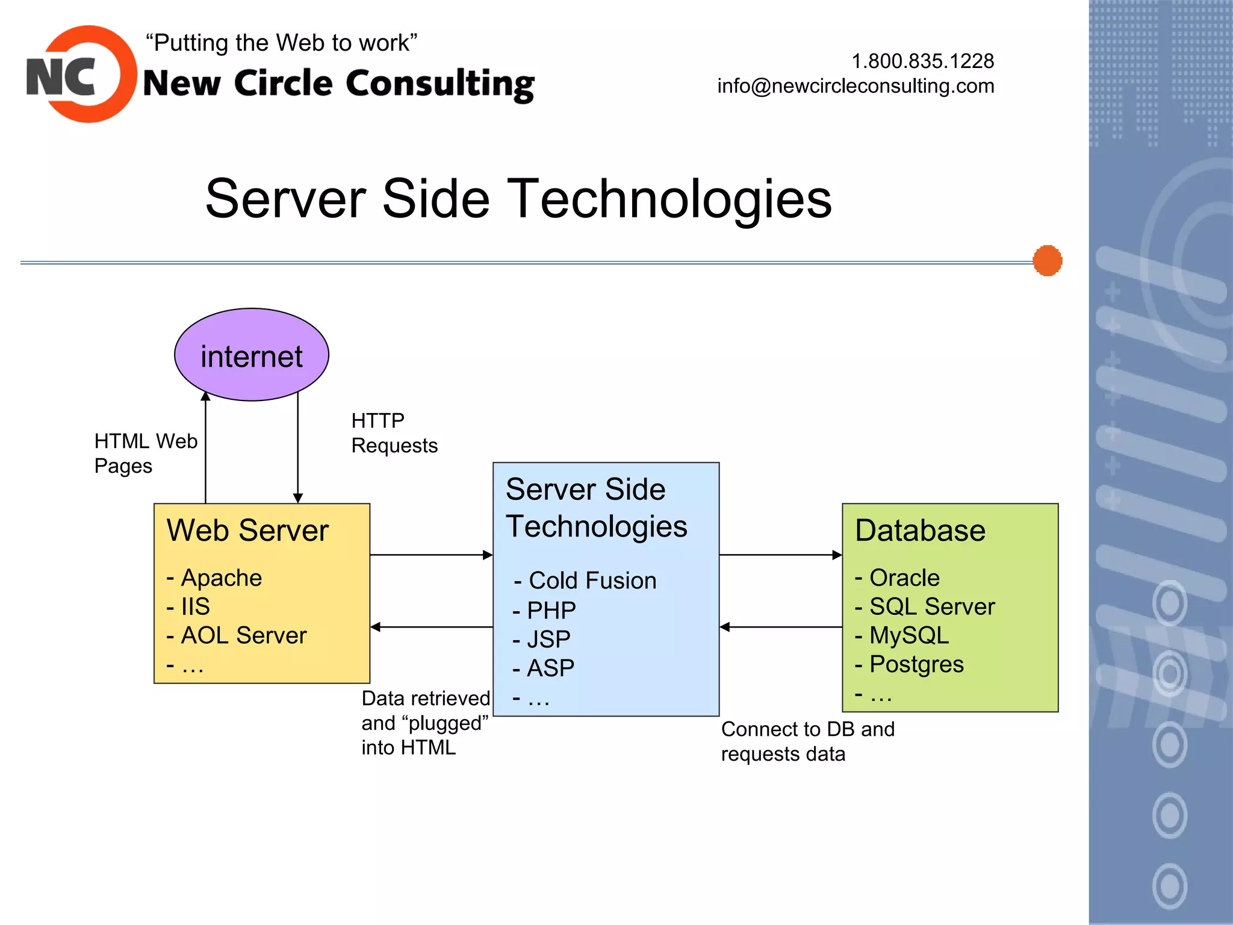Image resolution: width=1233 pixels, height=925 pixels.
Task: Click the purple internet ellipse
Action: click(252, 355)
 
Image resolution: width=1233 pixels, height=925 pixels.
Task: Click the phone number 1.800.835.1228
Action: click(922, 61)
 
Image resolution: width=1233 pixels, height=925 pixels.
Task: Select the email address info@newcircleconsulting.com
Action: click(856, 86)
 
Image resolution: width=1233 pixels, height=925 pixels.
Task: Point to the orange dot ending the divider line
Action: click(1047, 261)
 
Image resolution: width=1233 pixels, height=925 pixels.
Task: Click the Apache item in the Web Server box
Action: click(220, 578)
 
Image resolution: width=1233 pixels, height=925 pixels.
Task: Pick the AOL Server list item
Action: click(243, 635)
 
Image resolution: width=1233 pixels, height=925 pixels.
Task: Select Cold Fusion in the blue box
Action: click(591, 581)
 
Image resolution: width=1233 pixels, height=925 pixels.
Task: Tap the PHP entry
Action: click(550, 610)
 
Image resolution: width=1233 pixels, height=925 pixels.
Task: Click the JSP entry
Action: click(548, 639)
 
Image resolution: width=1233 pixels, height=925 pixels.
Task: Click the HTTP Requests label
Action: click(394, 433)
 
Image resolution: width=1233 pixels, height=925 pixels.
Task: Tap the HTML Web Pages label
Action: click(145, 453)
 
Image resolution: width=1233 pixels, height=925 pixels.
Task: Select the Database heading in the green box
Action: click(920, 531)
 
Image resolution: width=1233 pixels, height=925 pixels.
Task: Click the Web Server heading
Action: click(247, 531)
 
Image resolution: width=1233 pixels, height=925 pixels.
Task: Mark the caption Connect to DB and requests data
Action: click(807, 741)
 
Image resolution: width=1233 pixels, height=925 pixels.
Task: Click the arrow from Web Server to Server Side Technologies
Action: click(431, 555)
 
